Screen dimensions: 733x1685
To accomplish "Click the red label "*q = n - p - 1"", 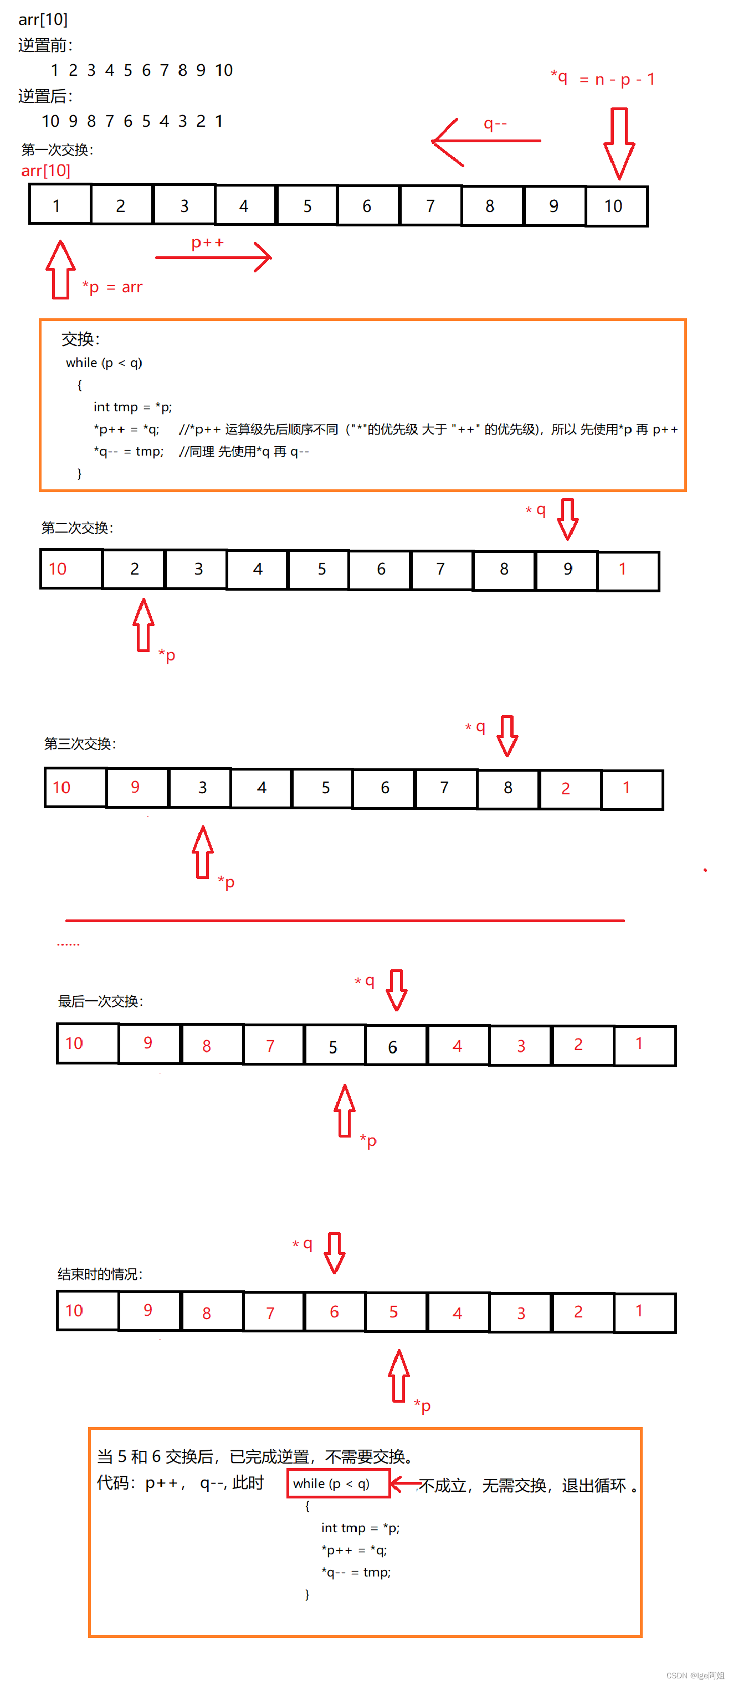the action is tap(603, 79).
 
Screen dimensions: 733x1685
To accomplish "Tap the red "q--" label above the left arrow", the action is tap(495, 123).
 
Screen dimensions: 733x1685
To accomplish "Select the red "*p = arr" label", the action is tap(112, 287).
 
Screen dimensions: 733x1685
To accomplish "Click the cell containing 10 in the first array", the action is tap(616, 206).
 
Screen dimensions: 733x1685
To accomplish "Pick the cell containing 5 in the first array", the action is tap(307, 206).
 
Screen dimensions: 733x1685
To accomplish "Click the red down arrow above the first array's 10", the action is tap(618, 143).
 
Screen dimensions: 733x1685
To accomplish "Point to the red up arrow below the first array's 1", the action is tap(60, 270).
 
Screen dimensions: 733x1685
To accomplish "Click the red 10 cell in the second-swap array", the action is tap(71, 569).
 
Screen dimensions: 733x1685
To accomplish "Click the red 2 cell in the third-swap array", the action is tap(570, 789).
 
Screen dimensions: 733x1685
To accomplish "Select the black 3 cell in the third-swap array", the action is tap(199, 788).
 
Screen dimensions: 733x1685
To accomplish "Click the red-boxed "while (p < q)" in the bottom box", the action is tap(339, 1483).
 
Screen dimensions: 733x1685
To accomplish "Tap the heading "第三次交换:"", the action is tap(80, 744).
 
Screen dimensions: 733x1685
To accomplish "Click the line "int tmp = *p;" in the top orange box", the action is tap(133, 407).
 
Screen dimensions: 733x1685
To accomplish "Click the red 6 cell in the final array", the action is tap(335, 1311).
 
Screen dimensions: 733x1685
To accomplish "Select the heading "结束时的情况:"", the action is tap(100, 1274).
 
